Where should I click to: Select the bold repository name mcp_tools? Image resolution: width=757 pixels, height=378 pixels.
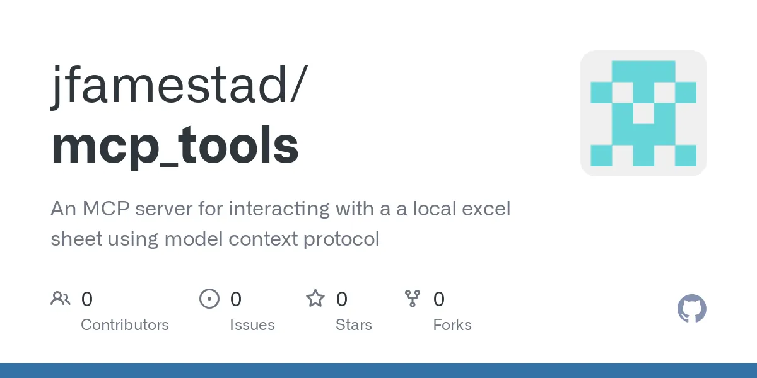click(175, 145)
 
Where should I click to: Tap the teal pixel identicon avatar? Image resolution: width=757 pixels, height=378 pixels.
click(643, 113)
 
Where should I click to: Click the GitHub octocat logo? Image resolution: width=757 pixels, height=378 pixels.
click(691, 309)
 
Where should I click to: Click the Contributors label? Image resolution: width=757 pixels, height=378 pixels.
click(125, 325)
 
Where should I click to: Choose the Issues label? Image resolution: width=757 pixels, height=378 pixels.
click(252, 325)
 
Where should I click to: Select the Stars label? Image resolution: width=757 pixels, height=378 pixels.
click(354, 325)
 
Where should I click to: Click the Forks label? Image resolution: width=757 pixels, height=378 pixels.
click(452, 325)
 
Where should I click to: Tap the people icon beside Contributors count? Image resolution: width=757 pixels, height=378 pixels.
click(61, 299)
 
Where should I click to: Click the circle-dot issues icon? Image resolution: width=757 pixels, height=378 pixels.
click(209, 299)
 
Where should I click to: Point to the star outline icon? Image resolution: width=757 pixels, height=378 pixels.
click(315, 299)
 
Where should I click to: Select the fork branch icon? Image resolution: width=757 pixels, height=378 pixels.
click(413, 299)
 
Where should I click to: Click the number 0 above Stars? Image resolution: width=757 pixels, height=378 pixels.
click(342, 299)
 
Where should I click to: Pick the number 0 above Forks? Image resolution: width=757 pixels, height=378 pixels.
click(439, 299)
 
